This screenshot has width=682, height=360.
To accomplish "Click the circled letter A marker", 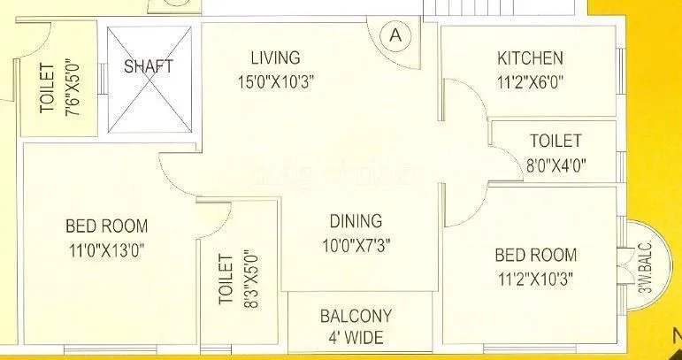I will pyautogui.click(x=395, y=35).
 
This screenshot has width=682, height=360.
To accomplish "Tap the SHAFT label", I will pyautogui.click(x=149, y=66).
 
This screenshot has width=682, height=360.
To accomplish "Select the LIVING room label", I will pyautogui.click(x=275, y=58).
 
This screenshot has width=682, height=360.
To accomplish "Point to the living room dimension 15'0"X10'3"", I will pyautogui.click(x=275, y=81).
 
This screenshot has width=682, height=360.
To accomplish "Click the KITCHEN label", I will pyautogui.click(x=530, y=59).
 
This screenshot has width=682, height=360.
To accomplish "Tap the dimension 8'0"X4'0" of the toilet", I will pyautogui.click(x=556, y=164).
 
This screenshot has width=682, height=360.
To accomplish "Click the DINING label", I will pyautogui.click(x=356, y=221).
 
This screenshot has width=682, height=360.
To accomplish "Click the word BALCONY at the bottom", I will pyautogui.click(x=356, y=316).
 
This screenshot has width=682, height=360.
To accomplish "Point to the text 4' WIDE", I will pyautogui.click(x=356, y=337).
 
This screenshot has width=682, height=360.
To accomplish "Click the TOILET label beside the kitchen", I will pyautogui.click(x=556, y=141).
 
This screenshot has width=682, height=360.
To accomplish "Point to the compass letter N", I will pyautogui.click(x=676, y=336).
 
